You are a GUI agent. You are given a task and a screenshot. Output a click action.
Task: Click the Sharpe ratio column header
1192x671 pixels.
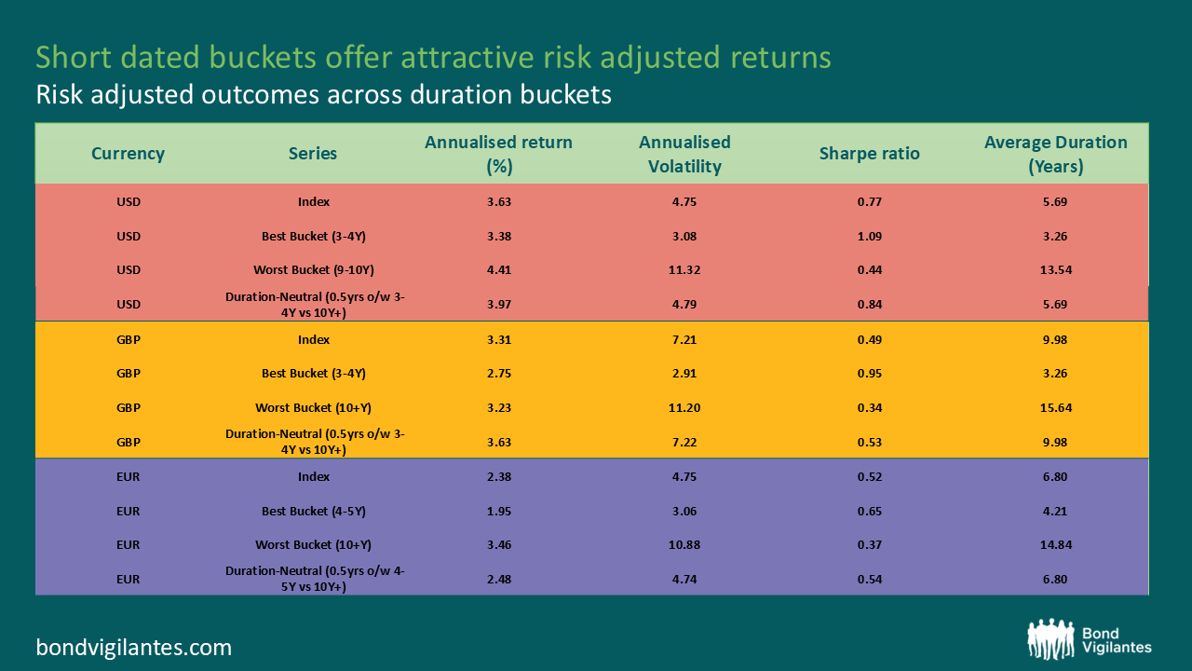coord(869,154)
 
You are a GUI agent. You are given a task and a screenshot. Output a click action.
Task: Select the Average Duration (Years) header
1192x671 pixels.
coord(1055,154)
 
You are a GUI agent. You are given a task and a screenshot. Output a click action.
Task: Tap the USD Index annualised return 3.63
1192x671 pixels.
coord(498,201)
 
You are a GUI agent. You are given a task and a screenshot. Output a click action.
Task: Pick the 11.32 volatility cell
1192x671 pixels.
coord(684,270)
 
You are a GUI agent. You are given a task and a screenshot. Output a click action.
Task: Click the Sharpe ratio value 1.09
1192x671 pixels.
coord(869,236)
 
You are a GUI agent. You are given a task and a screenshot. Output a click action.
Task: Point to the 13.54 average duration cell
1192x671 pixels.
coord(1055,270)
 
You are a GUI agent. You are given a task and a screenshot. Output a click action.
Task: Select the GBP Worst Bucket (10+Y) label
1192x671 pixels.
coord(314,407)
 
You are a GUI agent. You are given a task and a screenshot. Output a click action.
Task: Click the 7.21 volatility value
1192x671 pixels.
coord(684,339)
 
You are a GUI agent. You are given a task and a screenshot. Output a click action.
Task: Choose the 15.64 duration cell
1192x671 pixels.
coord(1055,407)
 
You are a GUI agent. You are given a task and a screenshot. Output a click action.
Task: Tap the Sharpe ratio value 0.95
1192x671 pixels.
coord(869,373)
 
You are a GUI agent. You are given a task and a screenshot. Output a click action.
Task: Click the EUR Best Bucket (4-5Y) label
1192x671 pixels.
coord(314,511)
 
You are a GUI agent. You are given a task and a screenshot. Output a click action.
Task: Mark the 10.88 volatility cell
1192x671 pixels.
coord(684,544)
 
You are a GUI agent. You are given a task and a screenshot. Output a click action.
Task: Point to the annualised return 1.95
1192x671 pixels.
coord(498,511)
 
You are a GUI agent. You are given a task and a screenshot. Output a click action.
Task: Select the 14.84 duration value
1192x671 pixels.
coord(1055,544)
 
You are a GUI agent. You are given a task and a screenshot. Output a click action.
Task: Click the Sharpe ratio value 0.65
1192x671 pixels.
coord(869,511)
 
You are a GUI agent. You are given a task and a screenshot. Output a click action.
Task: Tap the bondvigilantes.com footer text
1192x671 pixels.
coord(134,647)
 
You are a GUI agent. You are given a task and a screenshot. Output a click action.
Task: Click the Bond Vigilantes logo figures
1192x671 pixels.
coord(1050,639)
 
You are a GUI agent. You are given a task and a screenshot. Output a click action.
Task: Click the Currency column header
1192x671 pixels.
coord(128,154)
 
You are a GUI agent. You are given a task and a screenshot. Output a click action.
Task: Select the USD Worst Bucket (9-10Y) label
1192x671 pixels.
coord(314,270)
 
